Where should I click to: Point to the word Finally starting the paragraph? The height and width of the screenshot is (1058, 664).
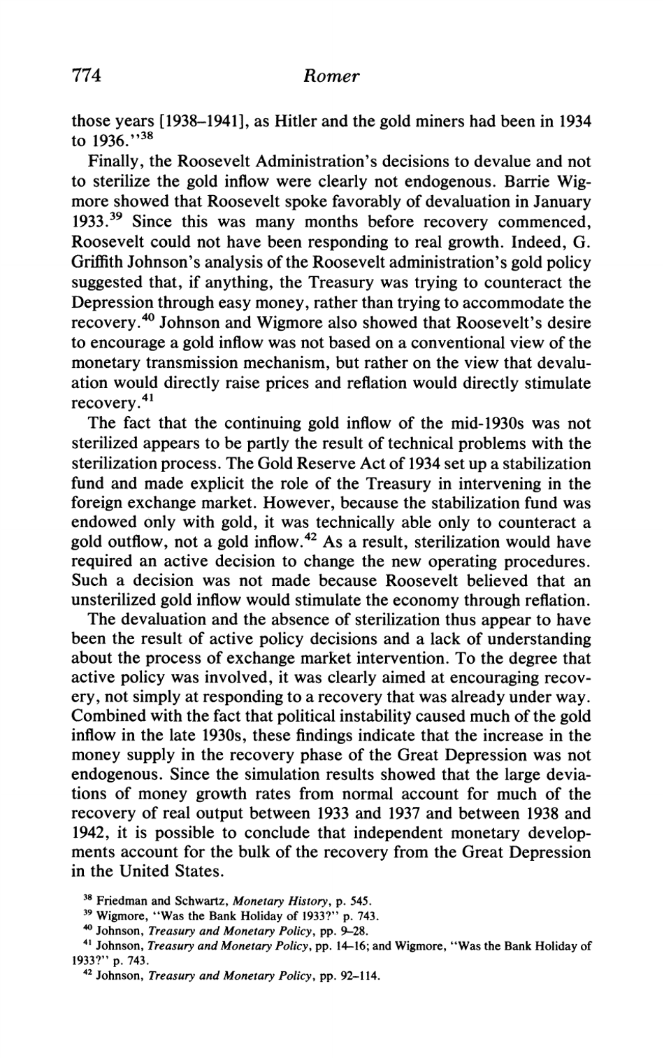pos(111,162)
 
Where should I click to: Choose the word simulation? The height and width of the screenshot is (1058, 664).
pos(298,775)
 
